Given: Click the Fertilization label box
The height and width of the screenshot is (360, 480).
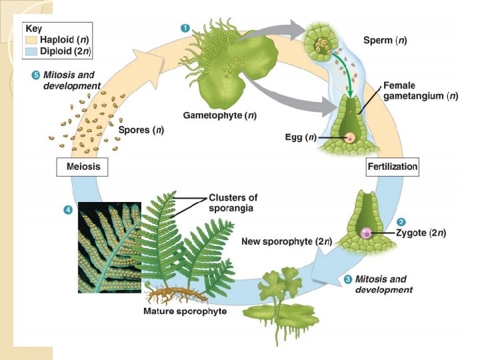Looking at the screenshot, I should point(393,167).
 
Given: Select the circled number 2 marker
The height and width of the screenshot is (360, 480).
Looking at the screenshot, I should point(401,221).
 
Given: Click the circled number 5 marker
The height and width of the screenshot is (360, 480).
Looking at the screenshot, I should point(36,74).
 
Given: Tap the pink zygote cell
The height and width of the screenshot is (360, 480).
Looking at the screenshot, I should point(366,233).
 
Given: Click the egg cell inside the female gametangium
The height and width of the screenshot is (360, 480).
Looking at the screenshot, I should point(349,138).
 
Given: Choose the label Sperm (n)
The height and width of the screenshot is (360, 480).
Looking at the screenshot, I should point(385,40).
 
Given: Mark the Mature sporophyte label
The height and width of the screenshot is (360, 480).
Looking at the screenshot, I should point(185,311).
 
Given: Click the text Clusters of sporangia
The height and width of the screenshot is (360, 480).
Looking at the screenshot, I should point(233,202).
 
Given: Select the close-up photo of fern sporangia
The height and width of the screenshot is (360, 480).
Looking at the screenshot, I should point(110,247).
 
